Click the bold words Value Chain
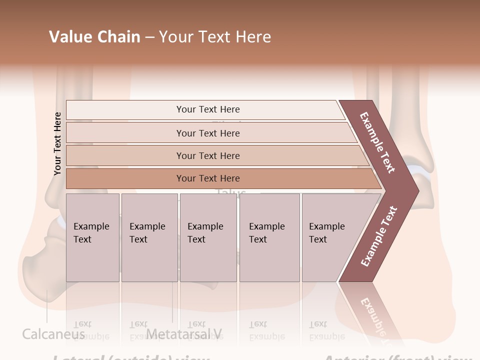94,37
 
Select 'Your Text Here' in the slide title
215,37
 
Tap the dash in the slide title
149,37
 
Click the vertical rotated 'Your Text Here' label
57,143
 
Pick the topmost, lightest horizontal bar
207,109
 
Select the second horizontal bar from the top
207,133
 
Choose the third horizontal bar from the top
207,155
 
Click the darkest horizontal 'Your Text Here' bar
207,178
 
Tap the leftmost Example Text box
92,237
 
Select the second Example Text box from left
149,237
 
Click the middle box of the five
208,237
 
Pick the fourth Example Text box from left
269,237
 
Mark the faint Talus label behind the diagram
231,192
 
